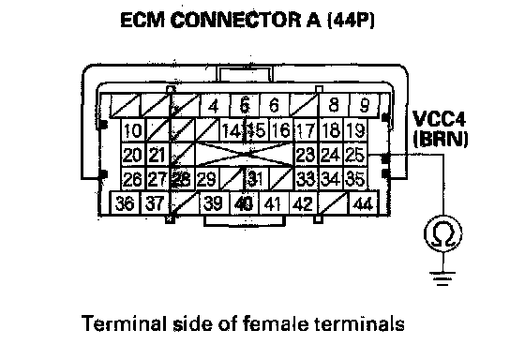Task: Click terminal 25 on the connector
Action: (x=355, y=155)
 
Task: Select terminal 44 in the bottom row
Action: (x=364, y=203)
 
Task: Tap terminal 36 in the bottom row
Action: (x=126, y=203)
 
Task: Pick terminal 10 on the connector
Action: (x=133, y=130)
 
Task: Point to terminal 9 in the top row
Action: (x=365, y=105)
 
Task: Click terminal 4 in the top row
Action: (x=214, y=105)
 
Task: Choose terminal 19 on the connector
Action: (x=355, y=130)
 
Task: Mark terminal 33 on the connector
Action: (x=306, y=179)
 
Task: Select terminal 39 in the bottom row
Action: (x=214, y=203)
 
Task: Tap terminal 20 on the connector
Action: (x=133, y=155)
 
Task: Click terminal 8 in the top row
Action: (x=334, y=105)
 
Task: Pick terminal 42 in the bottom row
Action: (x=303, y=203)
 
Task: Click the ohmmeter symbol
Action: (x=443, y=233)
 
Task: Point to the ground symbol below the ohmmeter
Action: (x=442, y=278)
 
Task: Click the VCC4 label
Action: (x=439, y=119)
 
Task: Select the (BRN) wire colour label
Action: (x=441, y=139)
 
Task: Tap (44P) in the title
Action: (x=352, y=21)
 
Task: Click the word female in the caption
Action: (x=272, y=323)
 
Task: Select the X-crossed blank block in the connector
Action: (x=245, y=155)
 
